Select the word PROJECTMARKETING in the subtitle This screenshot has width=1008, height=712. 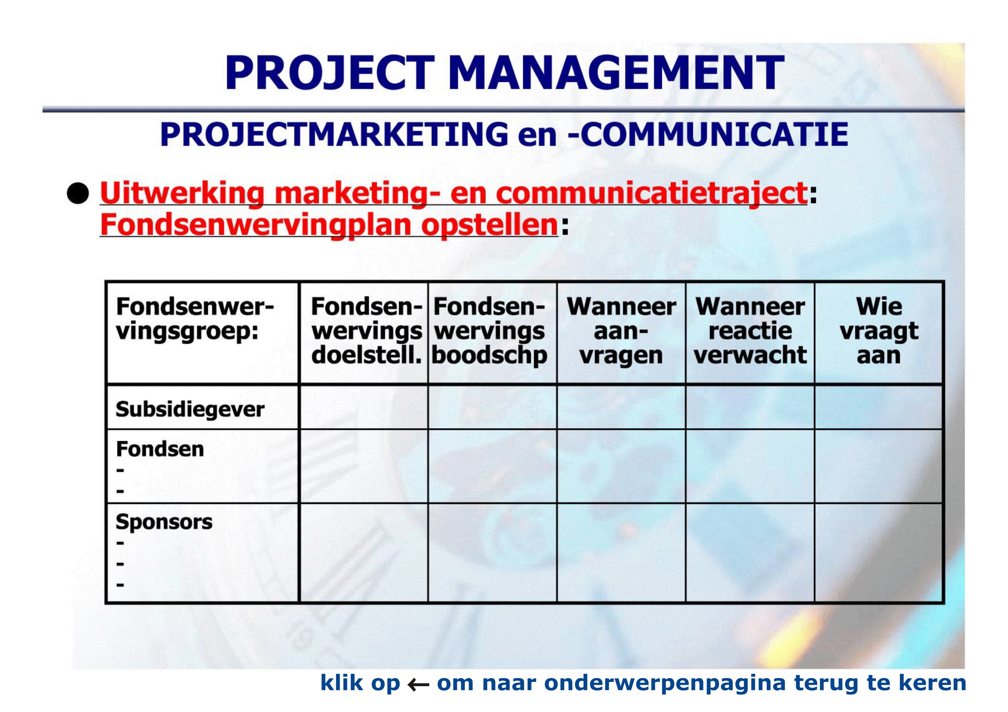point(334,134)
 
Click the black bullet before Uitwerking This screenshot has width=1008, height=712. point(78,193)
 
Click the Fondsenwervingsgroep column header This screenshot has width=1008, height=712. point(195,319)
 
